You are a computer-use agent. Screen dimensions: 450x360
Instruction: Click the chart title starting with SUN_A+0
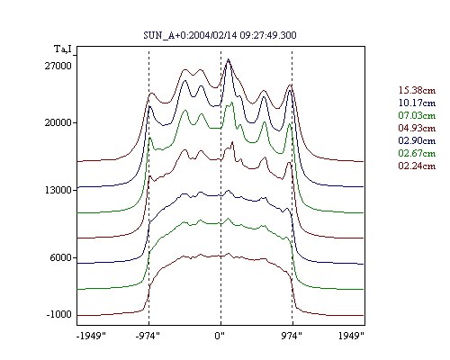point(220,35)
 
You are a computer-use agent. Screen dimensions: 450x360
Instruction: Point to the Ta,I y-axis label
point(63,49)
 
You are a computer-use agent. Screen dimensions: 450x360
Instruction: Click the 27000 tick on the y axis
point(58,66)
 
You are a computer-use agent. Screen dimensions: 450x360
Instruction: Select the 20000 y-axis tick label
point(58,122)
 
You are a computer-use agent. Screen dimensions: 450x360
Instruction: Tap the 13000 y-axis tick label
point(58,190)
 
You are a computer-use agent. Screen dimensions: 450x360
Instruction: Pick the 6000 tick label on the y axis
point(61,257)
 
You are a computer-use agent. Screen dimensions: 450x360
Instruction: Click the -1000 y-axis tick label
point(59,314)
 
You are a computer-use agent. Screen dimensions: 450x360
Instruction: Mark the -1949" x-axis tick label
point(91,336)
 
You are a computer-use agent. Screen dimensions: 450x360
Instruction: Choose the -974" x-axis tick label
point(148,336)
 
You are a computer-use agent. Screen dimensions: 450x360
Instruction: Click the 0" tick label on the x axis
point(220,336)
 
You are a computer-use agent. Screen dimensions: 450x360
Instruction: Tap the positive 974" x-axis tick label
point(292,336)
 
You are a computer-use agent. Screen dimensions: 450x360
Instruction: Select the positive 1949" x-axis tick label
point(351,336)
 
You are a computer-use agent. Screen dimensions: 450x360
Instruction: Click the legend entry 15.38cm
point(417,90)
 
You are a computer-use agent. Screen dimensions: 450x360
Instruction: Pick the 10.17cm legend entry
point(417,103)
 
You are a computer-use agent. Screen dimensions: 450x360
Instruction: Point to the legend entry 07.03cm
point(417,115)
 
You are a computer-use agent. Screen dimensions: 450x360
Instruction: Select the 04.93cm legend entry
point(417,128)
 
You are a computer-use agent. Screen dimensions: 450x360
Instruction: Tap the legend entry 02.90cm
point(417,140)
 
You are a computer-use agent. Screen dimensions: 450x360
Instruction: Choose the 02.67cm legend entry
point(417,153)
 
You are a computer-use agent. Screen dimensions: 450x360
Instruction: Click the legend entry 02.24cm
point(417,166)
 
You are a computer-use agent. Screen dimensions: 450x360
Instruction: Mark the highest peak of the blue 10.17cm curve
point(229,59)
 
